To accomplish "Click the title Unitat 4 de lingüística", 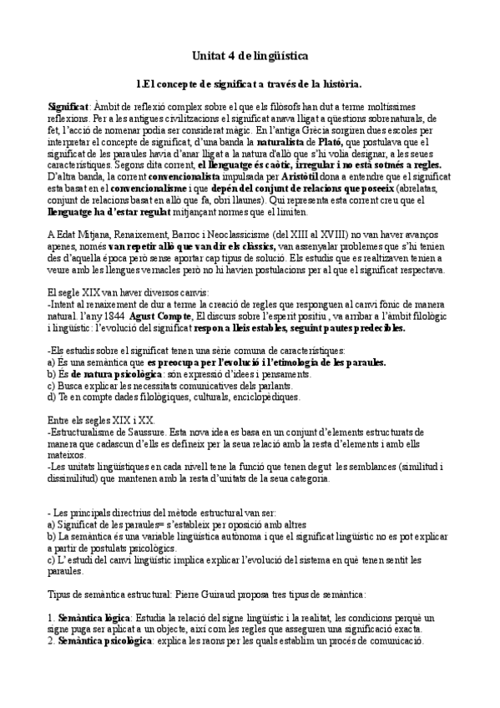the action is (x=250, y=56).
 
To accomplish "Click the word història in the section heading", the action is (x=338, y=83).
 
